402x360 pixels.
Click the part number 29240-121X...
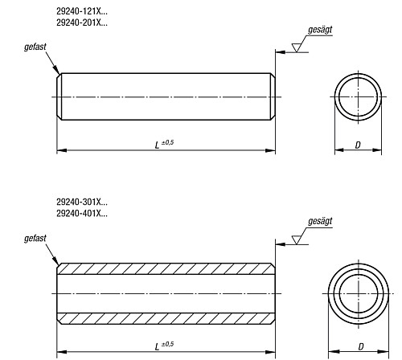(x=80, y=11)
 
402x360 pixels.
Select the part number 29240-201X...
(x=80, y=22)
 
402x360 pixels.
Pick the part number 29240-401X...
(x=80, y=213)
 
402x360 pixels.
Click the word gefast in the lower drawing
(x=35, y=239)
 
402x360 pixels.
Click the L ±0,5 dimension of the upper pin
(x=162, y=142)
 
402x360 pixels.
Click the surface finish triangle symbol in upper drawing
(x=297, y=48)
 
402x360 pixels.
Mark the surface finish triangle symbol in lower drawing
(x=297, y=239)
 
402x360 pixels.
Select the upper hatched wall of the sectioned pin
(x=166, y=269)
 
